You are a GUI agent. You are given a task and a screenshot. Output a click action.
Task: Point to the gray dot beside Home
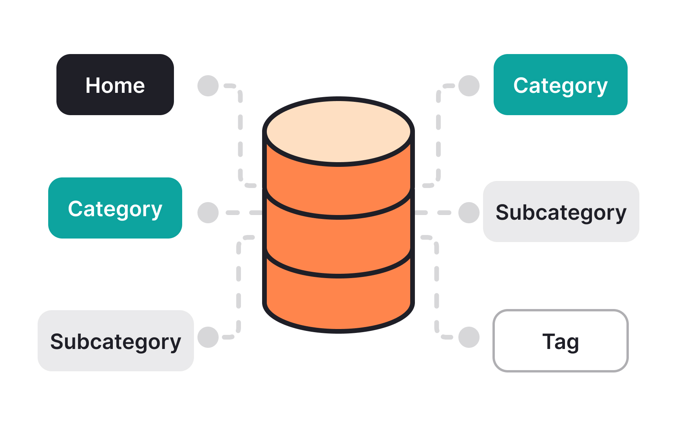208,86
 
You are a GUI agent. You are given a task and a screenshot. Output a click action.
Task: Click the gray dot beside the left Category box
208,213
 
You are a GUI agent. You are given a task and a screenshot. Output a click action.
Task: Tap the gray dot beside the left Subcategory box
208,337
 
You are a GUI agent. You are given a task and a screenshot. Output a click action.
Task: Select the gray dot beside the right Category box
469,86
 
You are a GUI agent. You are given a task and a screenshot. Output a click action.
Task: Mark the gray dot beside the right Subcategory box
469,213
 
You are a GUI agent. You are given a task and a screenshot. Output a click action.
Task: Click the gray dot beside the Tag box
469,337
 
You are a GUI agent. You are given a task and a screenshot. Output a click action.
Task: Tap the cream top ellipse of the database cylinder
338,131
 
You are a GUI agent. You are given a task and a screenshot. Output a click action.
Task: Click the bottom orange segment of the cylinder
338,302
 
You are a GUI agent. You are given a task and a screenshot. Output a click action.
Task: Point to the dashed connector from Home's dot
240,137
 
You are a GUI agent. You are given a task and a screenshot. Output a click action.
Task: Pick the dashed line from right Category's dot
438,137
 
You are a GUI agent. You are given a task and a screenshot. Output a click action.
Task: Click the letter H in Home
93,85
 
